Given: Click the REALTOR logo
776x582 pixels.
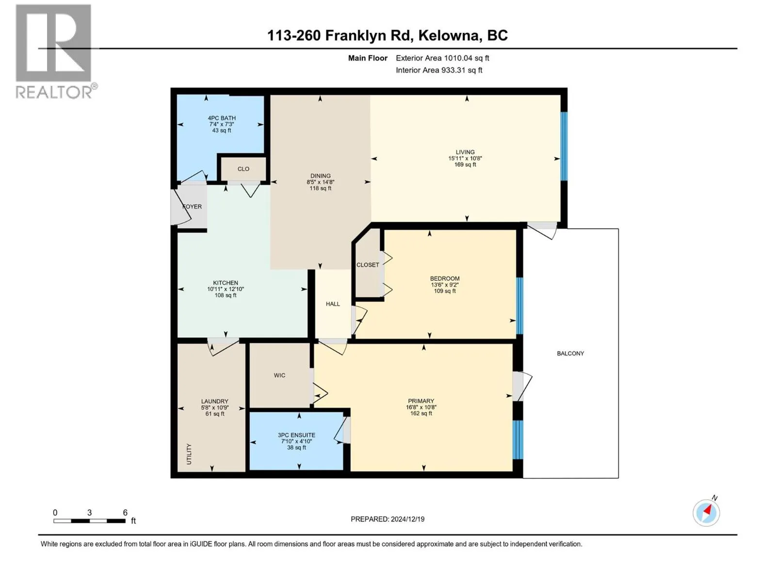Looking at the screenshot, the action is (56, 51).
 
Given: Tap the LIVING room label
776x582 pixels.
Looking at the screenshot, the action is (465, 152).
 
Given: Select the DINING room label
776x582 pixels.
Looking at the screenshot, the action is (320, 176).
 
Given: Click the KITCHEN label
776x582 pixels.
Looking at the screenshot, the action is (226, 283).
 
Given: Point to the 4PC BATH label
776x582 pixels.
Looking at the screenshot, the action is (222, 118).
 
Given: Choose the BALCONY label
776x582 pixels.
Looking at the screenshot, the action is (570, 354).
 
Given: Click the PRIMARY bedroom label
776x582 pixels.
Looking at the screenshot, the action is (420, 401).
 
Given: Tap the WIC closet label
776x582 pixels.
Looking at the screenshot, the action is (279, 375).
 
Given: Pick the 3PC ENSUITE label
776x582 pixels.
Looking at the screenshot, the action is (296, 435).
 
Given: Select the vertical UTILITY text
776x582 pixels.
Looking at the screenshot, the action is (189, 454).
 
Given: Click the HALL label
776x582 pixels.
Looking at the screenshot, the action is (333, 304).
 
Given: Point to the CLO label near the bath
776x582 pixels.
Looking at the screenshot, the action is (243, 169).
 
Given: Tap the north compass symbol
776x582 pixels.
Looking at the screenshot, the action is (706, 512).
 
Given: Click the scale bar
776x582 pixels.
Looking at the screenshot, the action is (89, 521).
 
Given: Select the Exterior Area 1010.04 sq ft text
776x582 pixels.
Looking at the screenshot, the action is (442, 58).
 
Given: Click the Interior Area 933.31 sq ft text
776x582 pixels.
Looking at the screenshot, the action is (439, 70).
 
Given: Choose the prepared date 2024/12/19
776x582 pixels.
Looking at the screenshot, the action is (407, 519).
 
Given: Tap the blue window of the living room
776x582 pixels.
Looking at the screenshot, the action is (564, 146).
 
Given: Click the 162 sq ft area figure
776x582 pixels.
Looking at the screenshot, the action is (420, 413).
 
